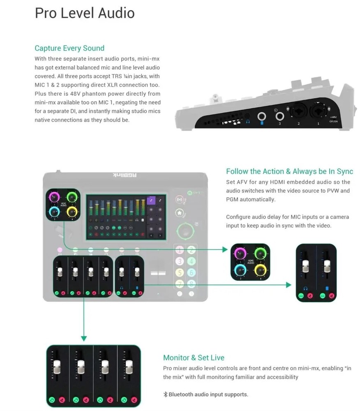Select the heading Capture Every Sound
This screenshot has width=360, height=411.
click(69, 48)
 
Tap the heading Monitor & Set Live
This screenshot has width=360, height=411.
click(194, 358)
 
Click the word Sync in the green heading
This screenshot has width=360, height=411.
click(345, 171)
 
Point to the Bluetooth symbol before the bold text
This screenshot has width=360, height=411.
click(166, 395)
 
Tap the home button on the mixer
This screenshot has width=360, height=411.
click(179, 213)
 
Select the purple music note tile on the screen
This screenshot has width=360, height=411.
click(150, 200)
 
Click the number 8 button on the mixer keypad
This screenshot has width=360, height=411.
click(191, 283)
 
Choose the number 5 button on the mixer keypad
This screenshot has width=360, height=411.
click(180, 272)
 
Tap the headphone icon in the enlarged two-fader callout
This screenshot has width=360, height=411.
click(305, 288)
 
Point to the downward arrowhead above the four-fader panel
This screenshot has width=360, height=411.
click(84, 338)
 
